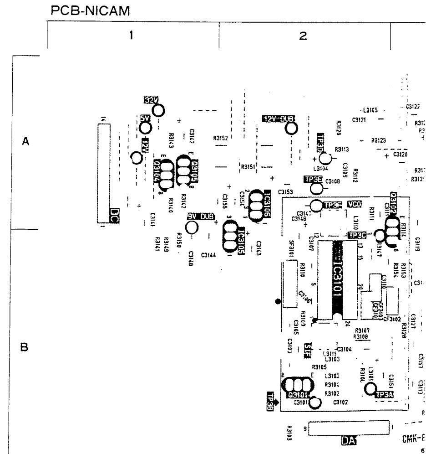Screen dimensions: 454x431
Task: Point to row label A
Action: pyautogui.click(x=27, y=142)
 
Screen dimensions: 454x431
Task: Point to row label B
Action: pyautogui.click(x=26, y=347)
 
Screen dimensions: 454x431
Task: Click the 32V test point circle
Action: pyautogui.click(x=159, y=110)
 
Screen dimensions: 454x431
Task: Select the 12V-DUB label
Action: pyautogui.click(x=279, y=119)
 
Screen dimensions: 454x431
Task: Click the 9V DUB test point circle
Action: pyautogui.click(x=192, y=227)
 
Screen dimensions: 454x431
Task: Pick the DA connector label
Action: pyautogui.click(x=349, y=440)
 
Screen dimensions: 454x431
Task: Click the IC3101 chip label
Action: pyautogui.click(x=338, y=278)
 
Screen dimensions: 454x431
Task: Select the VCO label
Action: pyautogui.click(x=354, y=204)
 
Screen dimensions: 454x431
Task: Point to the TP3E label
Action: pyautogui.click(x=313, y=179)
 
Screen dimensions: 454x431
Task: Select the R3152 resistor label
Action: pyautogui.click(x=220, y=137)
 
